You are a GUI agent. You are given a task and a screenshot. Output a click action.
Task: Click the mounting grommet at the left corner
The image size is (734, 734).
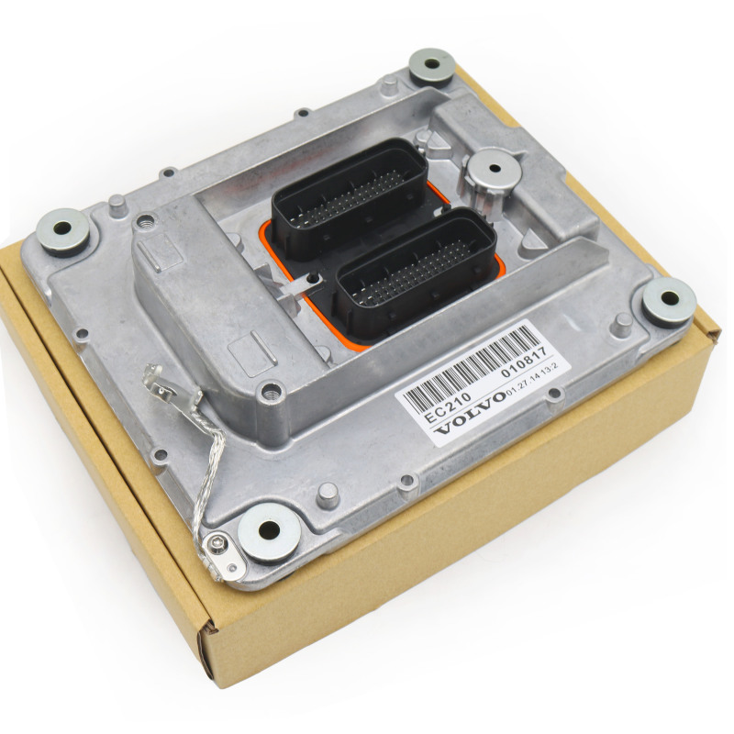(63, 231)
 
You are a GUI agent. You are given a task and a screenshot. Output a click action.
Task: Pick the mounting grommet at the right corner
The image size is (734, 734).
(667, 299)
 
